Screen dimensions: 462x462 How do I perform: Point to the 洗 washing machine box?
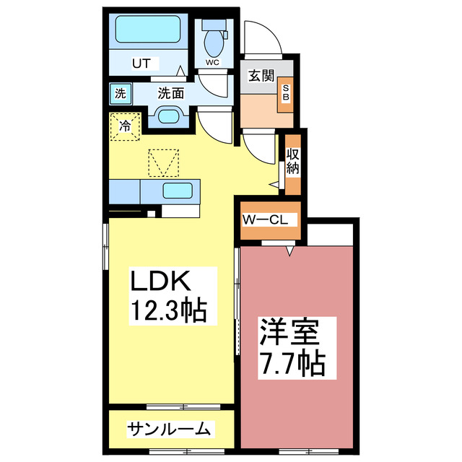119,92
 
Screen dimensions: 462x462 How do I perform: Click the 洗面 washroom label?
171,92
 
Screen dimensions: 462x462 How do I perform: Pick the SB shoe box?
285,94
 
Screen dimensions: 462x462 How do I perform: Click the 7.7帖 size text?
291,363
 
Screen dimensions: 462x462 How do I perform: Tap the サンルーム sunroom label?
170,430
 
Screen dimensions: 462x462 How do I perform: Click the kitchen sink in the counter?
177,192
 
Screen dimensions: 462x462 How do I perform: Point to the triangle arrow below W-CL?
290,250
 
